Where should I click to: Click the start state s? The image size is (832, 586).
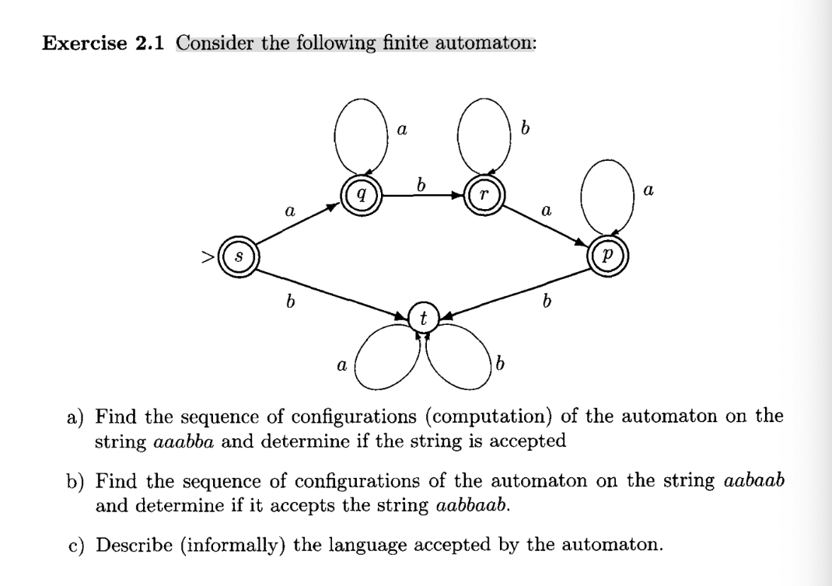[x=237, y=255]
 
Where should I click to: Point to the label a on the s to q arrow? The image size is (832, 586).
[x=289, y=211]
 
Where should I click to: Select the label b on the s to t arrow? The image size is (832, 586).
[x=289, y=302]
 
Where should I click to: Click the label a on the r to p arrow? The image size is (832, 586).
[x=546, y=211]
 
